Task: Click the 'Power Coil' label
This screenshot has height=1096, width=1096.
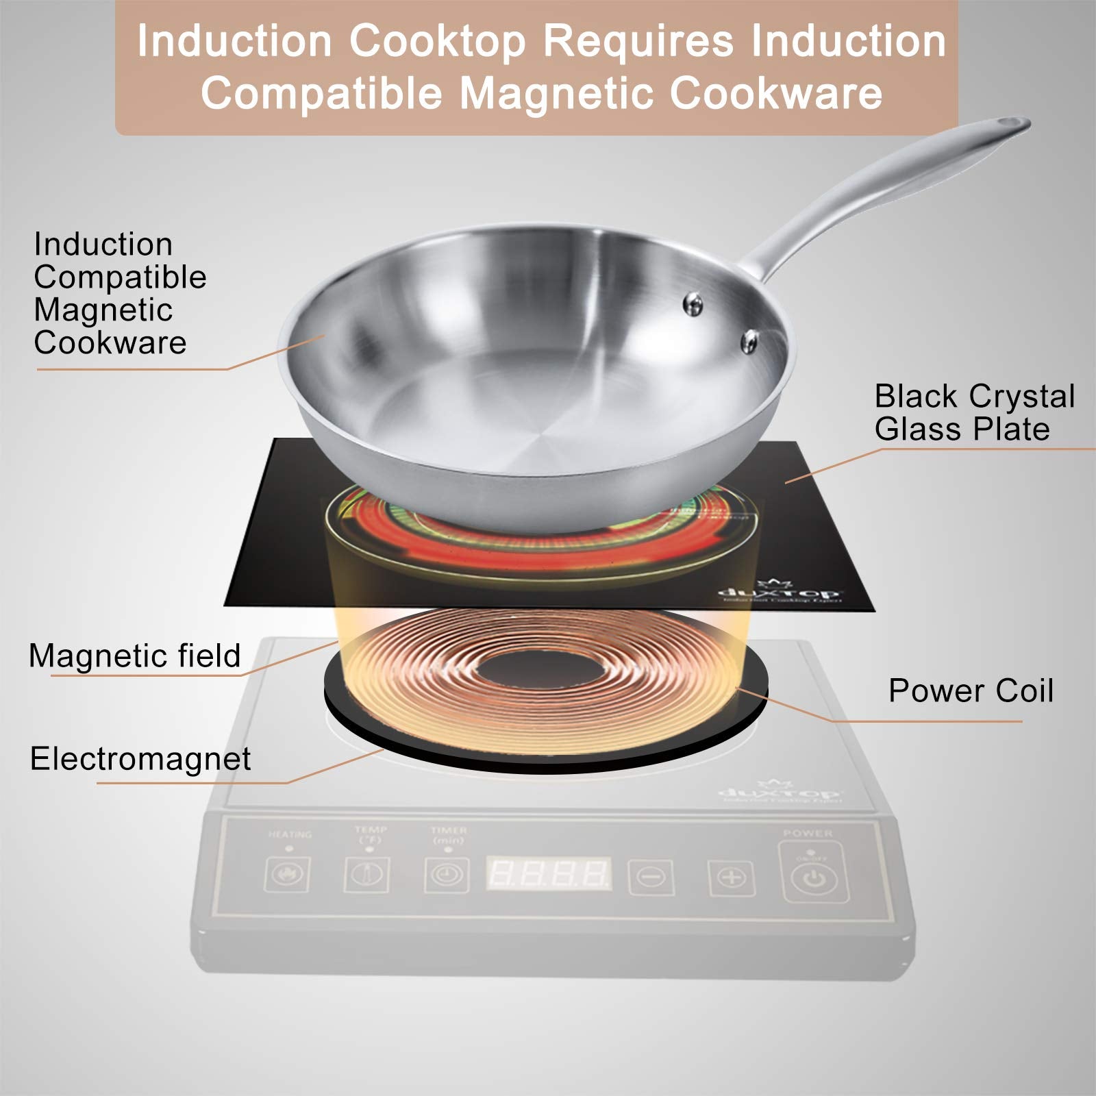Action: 970,691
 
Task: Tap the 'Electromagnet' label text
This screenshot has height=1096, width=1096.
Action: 140,759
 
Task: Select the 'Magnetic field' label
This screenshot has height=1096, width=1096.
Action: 135,656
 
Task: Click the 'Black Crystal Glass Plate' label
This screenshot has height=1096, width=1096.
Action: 974,412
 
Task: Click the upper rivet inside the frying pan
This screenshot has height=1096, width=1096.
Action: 693,303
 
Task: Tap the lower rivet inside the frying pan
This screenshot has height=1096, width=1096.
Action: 751,340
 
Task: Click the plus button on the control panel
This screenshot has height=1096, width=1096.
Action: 731,877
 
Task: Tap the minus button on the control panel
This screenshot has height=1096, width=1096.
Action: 651,876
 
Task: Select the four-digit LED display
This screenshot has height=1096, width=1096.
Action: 549,873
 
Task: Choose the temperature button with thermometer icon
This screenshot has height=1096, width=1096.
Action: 367,875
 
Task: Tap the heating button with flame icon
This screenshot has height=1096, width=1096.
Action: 288,875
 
